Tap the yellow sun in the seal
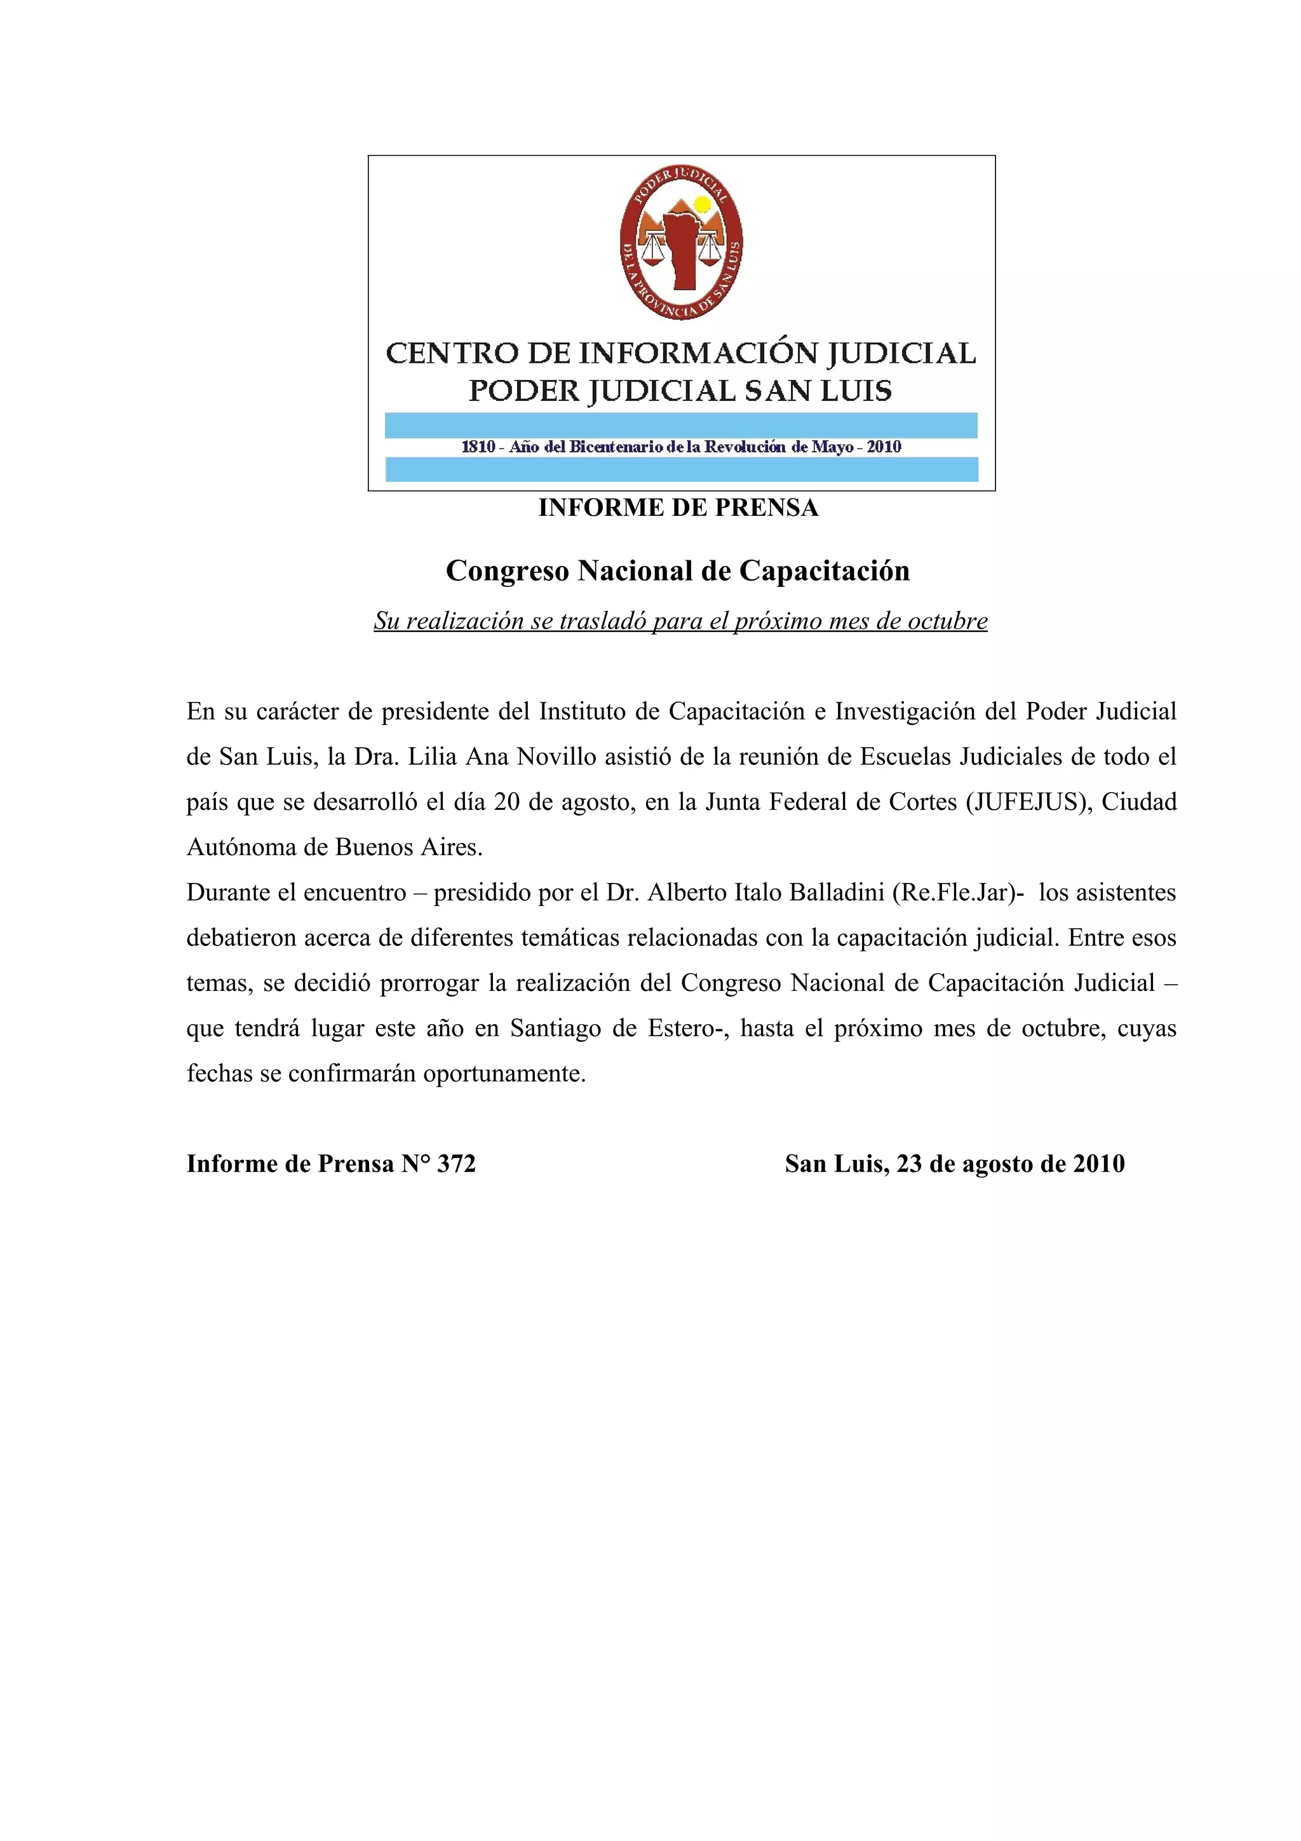pyautogui.click(x=702, y=205)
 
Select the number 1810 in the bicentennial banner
pyautogui.click(x=478, y=447)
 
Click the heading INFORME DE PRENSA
pyautogui.click(x=678, y=508)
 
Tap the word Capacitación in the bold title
pyautogui.click(x=824, y=571)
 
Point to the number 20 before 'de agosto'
pyautogui.click(x=506, y=801)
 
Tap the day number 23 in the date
pyautogui.click(x=910, y=1163)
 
